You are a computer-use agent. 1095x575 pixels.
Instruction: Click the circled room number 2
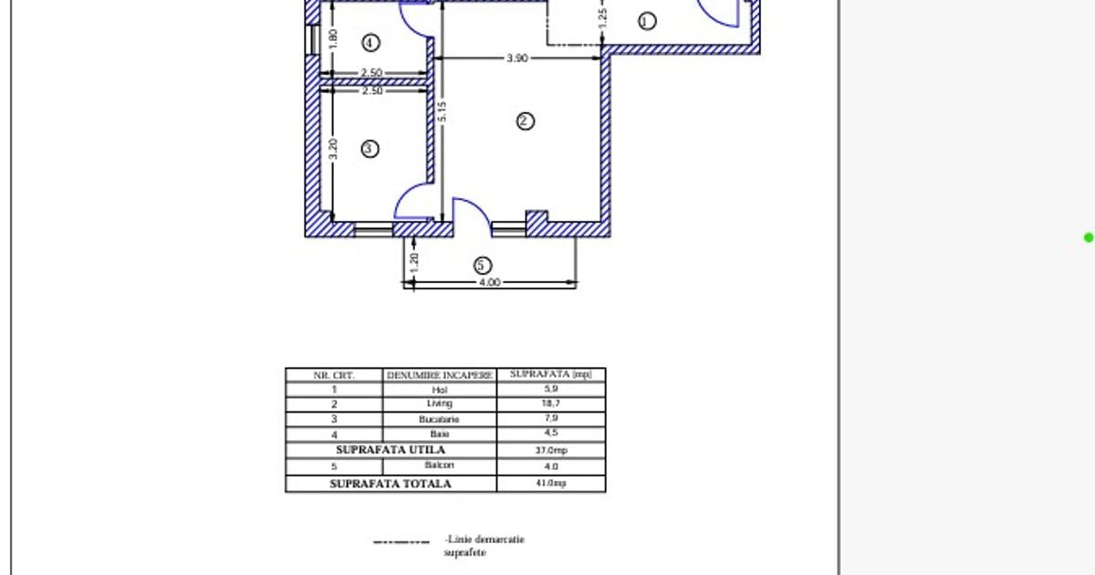525,121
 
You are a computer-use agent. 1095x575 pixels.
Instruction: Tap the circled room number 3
370,149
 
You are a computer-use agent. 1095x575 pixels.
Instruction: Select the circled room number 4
370,43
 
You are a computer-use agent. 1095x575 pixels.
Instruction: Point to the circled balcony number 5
483,266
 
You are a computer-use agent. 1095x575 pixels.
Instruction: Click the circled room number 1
647,21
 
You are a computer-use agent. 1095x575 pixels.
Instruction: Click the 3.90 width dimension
517,58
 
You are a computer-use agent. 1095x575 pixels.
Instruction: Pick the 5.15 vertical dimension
442,111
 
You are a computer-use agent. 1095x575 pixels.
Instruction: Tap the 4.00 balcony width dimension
489,283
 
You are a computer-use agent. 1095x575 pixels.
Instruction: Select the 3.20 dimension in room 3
333,149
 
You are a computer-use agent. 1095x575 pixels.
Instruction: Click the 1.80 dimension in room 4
333,39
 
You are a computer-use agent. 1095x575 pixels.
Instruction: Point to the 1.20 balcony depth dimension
414,263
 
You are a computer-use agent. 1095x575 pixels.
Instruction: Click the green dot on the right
1088,238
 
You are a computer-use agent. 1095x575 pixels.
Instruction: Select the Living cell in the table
440,404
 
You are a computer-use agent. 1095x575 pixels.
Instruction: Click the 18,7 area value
550,404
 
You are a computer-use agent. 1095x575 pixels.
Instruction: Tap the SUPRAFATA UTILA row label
391,450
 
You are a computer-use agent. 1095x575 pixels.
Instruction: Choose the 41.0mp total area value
550,483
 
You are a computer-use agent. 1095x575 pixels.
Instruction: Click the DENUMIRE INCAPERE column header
440,375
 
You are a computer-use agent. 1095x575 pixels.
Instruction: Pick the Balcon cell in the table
440,465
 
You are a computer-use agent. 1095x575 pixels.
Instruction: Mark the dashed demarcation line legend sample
401,542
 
